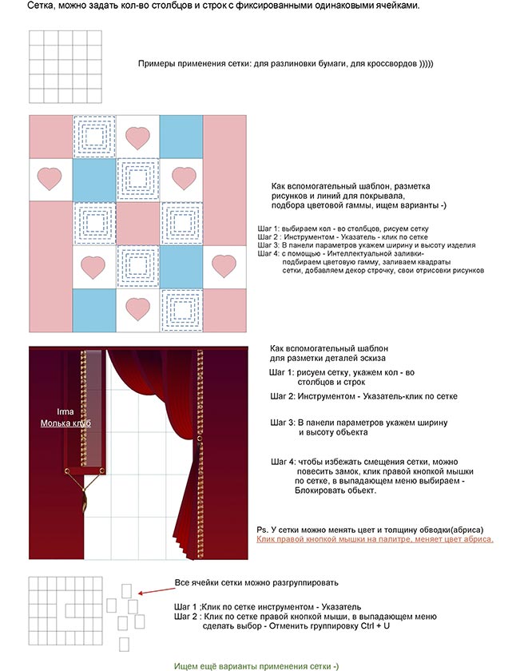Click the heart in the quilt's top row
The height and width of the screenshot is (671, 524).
tap(138, 137)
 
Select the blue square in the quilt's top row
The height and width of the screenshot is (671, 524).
tap(181, 137)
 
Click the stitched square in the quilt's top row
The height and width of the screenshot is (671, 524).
tap(94, 137)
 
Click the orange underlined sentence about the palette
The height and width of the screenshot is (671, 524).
tap(375, 540)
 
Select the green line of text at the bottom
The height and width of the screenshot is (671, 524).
tap(257, 665)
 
